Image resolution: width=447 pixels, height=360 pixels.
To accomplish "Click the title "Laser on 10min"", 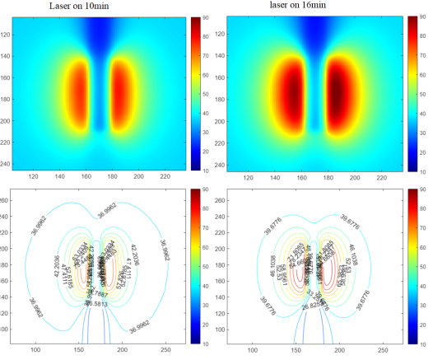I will (81, 7).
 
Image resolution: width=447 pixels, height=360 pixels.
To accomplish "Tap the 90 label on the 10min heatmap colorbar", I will (205, 16).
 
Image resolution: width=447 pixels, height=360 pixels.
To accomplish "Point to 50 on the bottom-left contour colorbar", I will (205, 266).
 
